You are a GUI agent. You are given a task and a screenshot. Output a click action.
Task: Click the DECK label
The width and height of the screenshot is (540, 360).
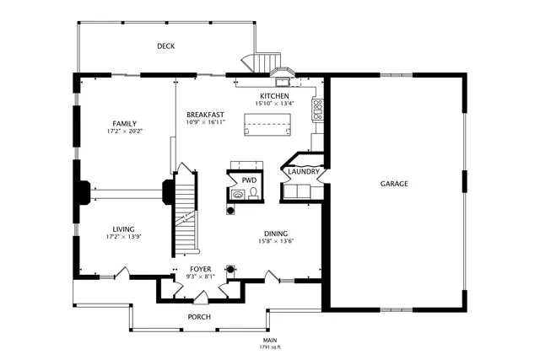click(x=165, y=46)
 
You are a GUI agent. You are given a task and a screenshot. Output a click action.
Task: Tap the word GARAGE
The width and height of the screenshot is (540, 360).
click(x=394, y=183)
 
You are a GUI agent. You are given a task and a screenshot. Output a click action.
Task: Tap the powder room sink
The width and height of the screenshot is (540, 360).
click(x=239, y=193)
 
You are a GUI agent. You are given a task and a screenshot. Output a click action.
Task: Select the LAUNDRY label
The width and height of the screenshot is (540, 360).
click(x=303, y=172)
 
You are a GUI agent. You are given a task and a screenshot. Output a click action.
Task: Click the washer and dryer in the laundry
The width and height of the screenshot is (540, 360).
click(x=297, y=193)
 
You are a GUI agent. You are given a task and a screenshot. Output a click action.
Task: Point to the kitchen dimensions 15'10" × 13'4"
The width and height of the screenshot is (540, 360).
click(x=274, y=104)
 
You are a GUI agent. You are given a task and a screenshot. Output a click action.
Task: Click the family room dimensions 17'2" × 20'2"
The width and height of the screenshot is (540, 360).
click(x=125, y=131)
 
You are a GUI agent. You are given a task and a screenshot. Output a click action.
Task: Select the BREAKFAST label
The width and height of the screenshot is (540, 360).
click(x=205, y=115)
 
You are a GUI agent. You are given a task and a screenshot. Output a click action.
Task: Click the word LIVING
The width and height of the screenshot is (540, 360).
click(x=125, y=228)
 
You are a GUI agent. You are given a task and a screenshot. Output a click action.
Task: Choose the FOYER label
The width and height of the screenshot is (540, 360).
click(x=200, y=268)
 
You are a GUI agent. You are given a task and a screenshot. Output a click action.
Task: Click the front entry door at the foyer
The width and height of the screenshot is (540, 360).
click(x=200, y=297)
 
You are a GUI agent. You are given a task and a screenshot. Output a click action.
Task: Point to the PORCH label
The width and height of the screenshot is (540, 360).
click(x=199, y=317)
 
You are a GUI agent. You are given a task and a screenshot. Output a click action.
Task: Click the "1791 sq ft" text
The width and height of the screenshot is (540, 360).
click(x=270, y=347)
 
